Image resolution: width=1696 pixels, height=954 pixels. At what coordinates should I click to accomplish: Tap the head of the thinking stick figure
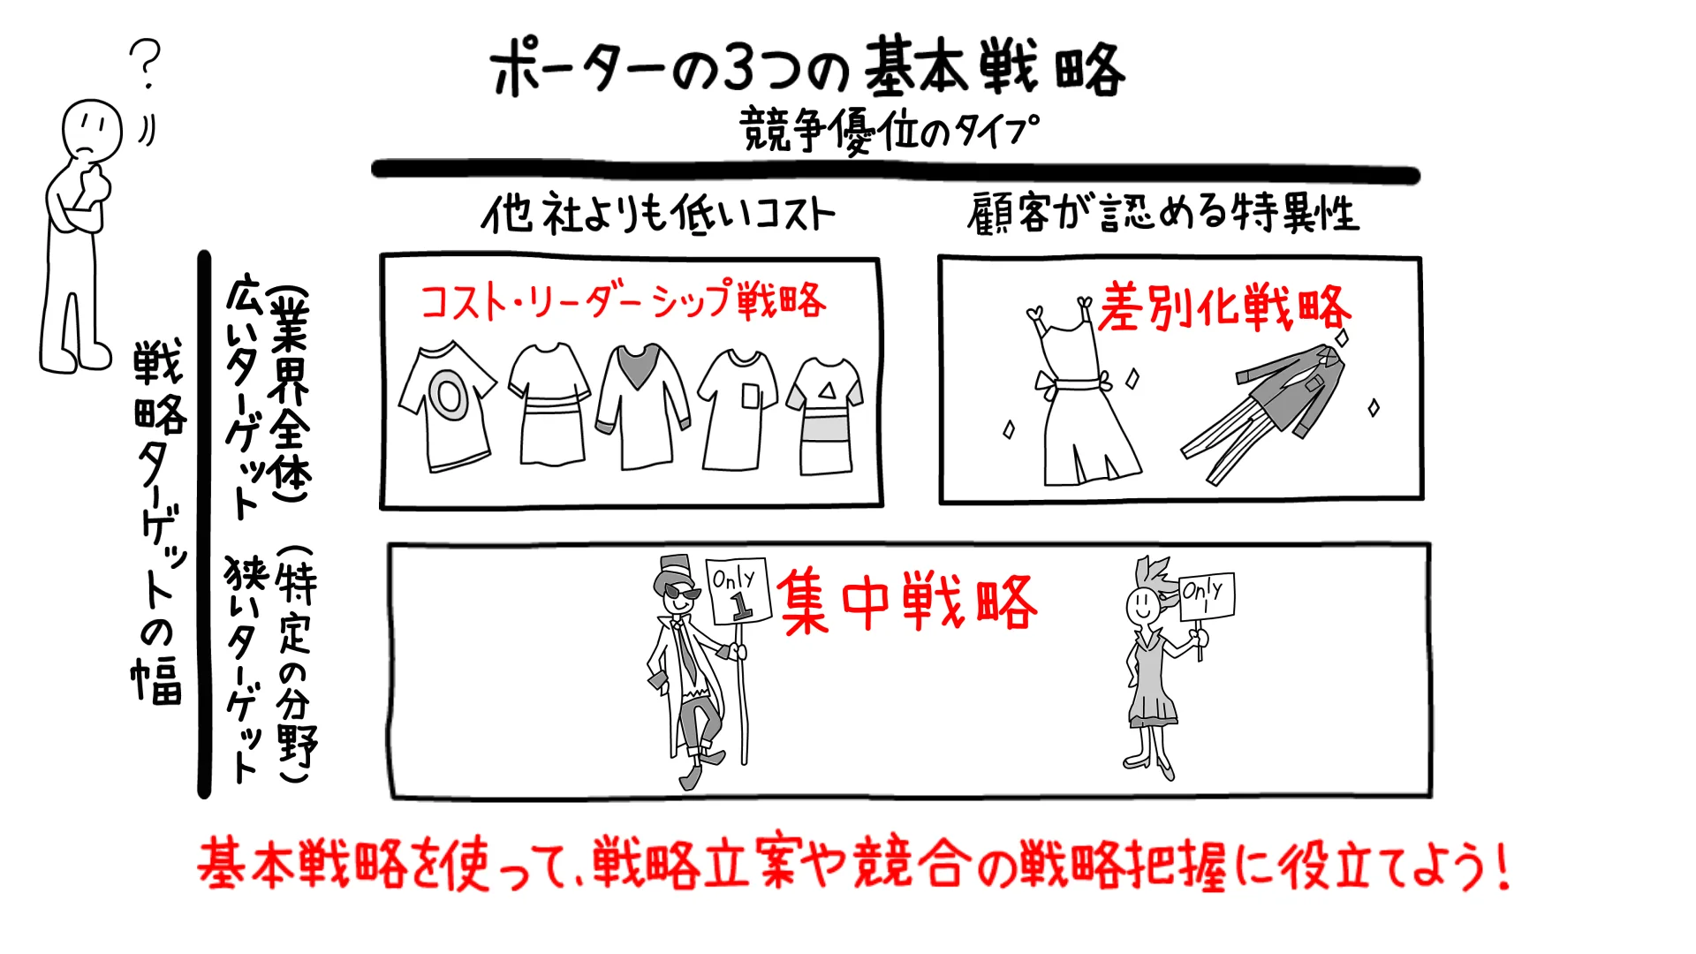click(91, 130)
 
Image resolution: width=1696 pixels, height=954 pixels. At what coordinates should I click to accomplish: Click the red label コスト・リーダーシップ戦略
click(623, 301)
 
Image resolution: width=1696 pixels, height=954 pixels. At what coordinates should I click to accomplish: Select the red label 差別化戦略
click(1224, 308)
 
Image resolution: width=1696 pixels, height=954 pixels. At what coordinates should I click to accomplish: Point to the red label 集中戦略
click(907, 602)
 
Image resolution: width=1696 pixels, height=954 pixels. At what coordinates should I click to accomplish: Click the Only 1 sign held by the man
click(738, 591)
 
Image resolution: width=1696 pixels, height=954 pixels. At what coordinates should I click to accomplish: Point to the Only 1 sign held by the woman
click(1207, 595)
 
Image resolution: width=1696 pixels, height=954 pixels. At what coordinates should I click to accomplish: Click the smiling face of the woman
click(1142, 605)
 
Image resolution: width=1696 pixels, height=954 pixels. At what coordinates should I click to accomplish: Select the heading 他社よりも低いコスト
click(658, 215)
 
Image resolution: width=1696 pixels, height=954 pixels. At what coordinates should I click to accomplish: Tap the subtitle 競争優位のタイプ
click(889, 131)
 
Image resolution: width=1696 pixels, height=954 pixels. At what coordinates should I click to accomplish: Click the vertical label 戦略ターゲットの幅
click(158, 521)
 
